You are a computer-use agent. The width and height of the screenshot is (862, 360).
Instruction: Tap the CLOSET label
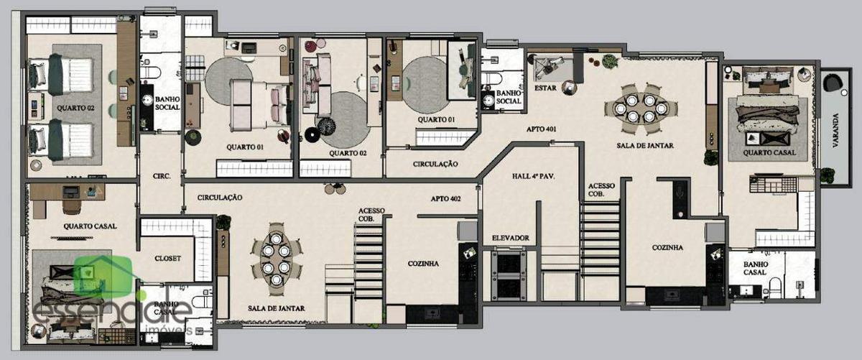coord(167,258)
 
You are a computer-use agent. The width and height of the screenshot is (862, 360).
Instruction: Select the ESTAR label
coord(547,88)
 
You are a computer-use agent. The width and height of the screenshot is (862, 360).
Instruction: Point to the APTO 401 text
coord(542,129)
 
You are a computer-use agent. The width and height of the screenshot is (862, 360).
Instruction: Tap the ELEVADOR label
coord(510,237)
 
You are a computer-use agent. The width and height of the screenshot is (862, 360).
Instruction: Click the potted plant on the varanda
coord(827,174)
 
